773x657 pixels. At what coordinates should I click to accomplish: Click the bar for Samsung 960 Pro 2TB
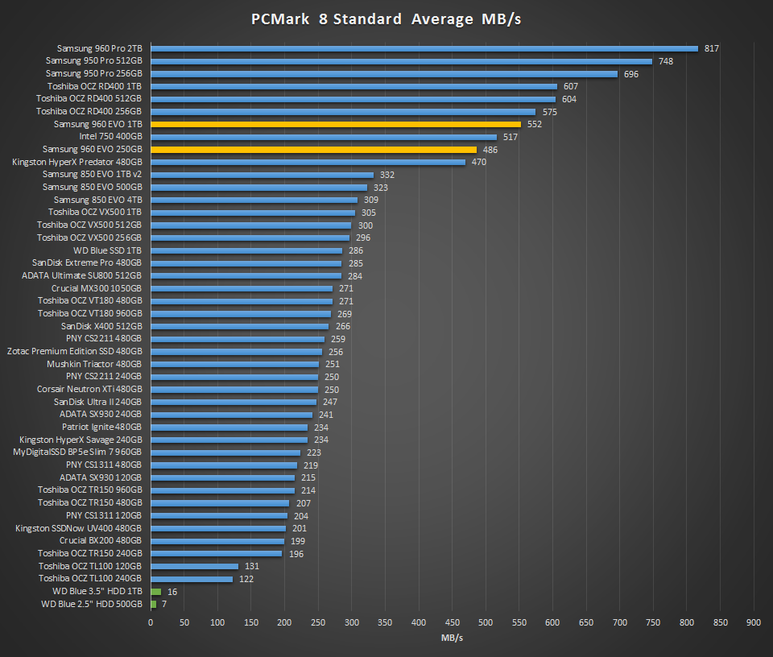click(424, 48)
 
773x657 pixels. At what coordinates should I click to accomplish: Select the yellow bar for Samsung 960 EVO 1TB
click(336, 125)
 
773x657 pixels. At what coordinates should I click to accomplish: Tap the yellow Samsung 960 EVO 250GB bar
click(313, 150)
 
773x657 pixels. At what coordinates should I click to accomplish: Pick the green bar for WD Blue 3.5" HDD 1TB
click(155, 591)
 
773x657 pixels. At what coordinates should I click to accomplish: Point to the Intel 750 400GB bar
click(323, 137)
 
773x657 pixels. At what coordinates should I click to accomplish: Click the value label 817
click(711, 48)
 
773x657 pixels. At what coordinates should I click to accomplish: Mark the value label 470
click(478, 162)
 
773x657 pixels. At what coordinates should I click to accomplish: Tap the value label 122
click(246, 579)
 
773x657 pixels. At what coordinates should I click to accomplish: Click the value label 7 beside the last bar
click(164, 604)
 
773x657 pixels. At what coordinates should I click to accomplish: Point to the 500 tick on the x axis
click(486, 622)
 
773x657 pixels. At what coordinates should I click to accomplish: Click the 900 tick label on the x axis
click(754, 622)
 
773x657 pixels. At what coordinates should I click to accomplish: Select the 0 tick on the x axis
click(151, 622)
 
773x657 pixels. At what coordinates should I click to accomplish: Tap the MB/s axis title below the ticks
click(452, 638)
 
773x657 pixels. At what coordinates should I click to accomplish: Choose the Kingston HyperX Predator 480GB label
click(77, 162)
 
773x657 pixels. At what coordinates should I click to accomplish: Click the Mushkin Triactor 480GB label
click(94, 364)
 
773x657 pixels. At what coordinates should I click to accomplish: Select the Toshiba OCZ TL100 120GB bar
click(194, 566)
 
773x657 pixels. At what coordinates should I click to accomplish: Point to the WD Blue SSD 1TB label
click(107, 250)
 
